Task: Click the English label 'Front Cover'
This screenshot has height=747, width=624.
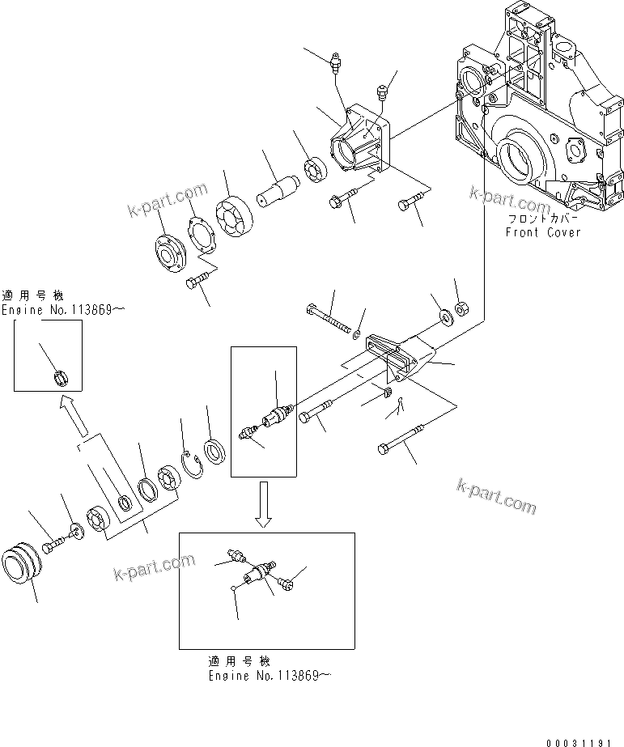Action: [x=543, y=232]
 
